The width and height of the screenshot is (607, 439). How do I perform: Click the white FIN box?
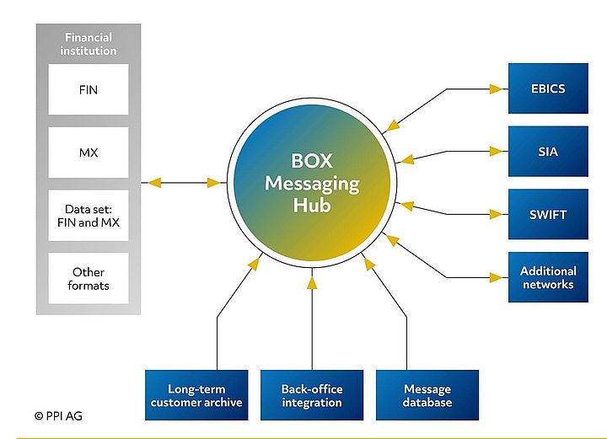[x=89, y=88]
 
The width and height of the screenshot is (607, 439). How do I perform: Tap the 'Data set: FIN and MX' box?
[x=89, y=215]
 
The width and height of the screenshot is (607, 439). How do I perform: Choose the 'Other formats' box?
[x=89, y=278]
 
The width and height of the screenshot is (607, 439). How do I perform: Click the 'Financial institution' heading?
[x=89, y=44]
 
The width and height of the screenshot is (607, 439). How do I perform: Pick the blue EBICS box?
[x=548, y=88]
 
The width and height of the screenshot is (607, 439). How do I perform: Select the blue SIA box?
[x=548, y=152]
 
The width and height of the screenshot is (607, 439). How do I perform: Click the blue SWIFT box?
[x=548, y=215]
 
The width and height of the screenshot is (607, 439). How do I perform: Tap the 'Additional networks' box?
[x=548, y=277]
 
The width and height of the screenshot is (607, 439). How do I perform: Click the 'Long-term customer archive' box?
[x=196, y=395]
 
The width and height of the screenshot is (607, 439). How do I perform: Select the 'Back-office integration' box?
[x=312, y=395]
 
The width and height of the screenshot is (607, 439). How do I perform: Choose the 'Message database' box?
[x=427, y=395]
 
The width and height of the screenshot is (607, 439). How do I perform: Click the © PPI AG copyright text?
[x=58, y=415]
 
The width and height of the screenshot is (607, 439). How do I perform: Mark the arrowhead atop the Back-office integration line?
[x=312, y=283]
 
